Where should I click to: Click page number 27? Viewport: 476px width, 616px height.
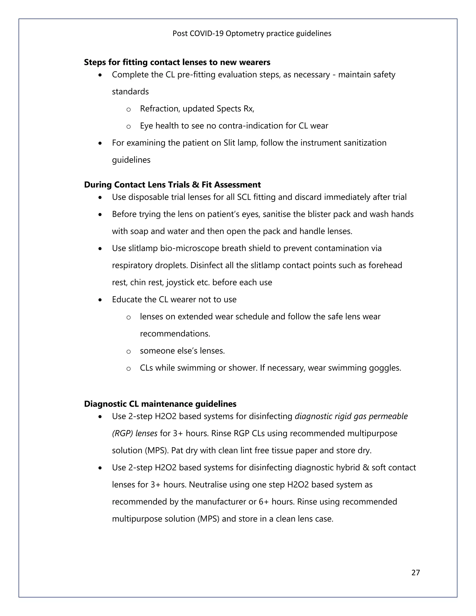(x=415, y=572)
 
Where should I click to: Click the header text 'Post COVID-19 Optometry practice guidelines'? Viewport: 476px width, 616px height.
(x=252, y=33)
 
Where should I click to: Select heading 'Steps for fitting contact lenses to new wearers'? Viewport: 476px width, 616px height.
(x=177, y=62)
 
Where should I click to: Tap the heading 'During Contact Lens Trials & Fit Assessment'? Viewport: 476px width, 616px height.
(x=172, y=185)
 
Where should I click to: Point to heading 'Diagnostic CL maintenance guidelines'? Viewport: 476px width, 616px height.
(x=160, y=404)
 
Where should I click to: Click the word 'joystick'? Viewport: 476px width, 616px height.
(x=180, y=282)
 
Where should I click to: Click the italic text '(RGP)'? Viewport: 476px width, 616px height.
(x=122, y=433)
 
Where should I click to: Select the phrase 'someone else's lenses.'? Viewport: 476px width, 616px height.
(x=182, y=351)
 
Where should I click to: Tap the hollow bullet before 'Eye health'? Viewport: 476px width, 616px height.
(x=129, y=127)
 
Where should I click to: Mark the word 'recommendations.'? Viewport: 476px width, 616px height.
(x=175, y=334)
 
